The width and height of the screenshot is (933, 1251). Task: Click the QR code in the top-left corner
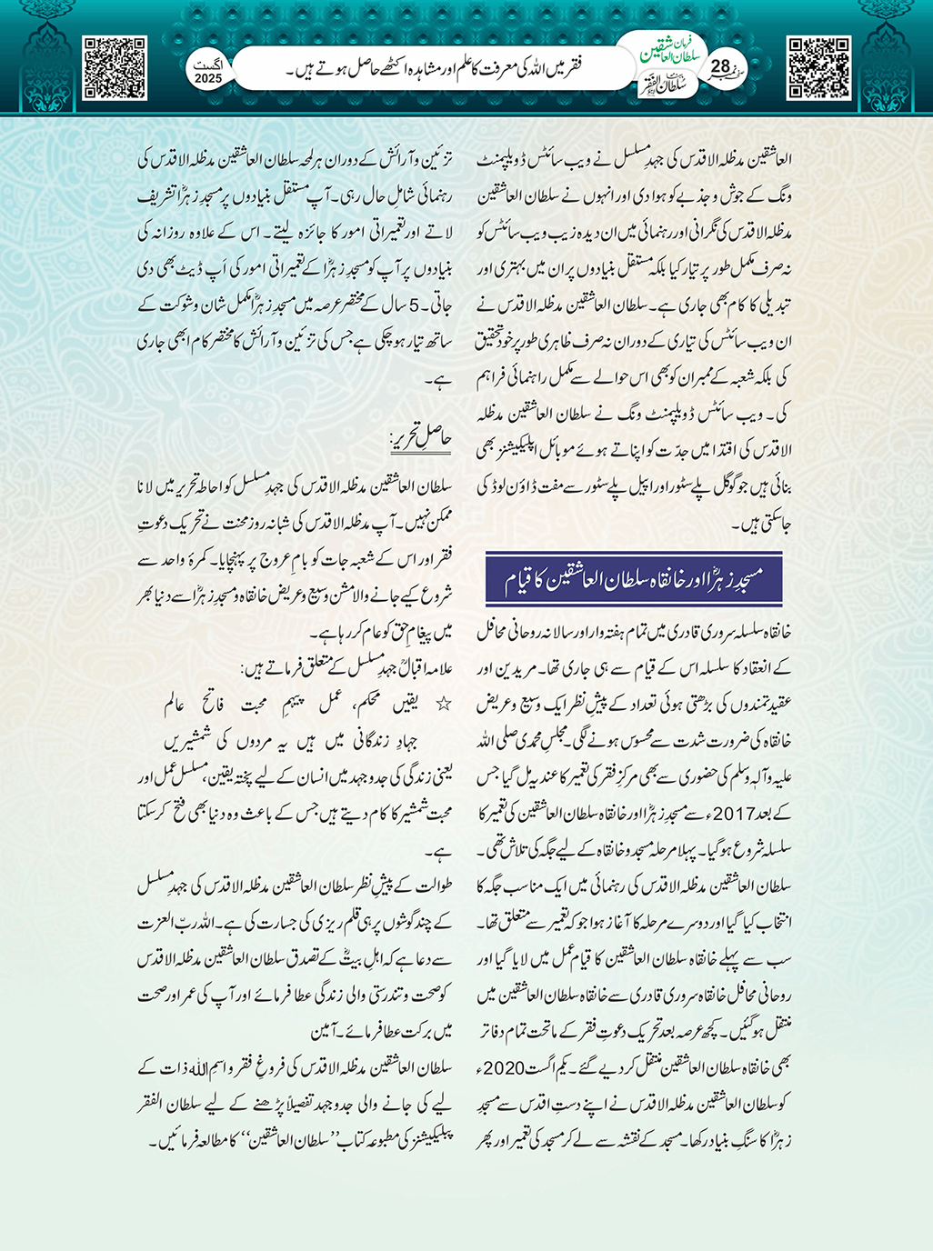point(115,68)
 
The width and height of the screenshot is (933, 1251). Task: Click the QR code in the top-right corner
point(818,68)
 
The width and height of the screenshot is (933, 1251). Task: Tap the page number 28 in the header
point(720,66)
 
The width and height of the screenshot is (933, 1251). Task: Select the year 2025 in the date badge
point(208,79)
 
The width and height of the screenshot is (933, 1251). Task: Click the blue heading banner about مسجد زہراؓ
point(634,579)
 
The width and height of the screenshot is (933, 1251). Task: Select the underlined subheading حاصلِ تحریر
point(421,440)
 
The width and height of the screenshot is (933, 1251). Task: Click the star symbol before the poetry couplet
point(445,705)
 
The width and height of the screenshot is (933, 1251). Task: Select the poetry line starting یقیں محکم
point(300,705)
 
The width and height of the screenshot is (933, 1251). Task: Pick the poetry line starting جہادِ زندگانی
point(309,741)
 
